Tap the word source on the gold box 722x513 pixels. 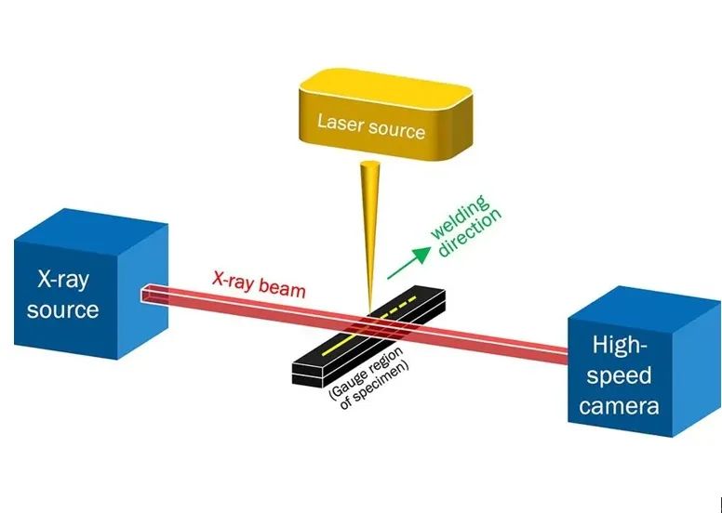tap(397, 127)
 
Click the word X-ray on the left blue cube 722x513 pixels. tap(61, 277)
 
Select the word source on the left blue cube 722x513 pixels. tap(62, 308)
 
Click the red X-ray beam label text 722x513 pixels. tap(259, 283)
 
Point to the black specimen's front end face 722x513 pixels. tap(308, 375)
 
